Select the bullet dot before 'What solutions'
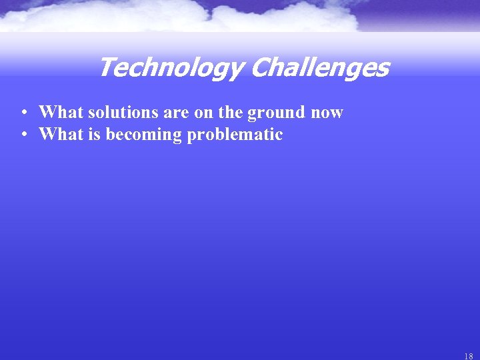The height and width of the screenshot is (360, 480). pos(23,112)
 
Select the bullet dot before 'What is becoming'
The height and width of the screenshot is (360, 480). pos(23,135)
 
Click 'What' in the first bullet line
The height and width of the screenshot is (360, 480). pos(57,112)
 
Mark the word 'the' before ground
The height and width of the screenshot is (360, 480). pos(230,112)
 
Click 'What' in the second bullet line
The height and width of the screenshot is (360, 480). pos(57,135)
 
